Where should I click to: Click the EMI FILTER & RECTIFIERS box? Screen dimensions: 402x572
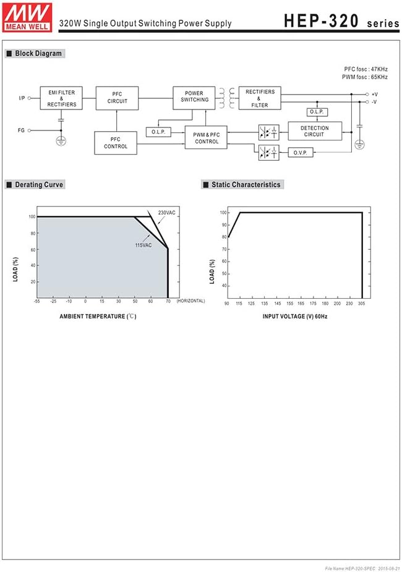[x=62, y=98]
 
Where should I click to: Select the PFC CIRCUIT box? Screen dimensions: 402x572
[x=117, y=98]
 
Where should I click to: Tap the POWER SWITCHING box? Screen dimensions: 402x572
[x=194, y=96]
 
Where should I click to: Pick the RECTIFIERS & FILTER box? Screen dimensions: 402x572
[x=260, y=98]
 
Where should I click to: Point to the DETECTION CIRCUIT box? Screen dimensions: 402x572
[x=314, y=131]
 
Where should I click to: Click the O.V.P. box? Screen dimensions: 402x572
[x=301, y=152]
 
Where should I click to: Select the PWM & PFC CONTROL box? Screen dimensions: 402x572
[x=207, y=138]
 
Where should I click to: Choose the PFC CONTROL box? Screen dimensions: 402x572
[x=116, y=143]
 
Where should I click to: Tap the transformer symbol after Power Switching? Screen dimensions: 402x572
[x=227, y=98]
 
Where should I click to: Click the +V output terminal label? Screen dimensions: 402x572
[x=374, y=94]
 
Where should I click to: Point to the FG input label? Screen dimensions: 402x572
[x=22, y=130]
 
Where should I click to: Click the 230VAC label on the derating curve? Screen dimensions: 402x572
[x=166, y=213]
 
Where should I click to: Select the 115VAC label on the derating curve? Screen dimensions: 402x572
[x=143, y=245]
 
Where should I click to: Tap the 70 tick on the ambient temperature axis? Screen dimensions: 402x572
[x=168, y=301]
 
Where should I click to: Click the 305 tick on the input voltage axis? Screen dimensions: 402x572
[x=361, y=304]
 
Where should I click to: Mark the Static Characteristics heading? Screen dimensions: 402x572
[x=246, y=184]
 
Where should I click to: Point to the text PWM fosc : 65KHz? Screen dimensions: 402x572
[x=365, y=77]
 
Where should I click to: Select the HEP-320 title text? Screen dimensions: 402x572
[x=321, y=21]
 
